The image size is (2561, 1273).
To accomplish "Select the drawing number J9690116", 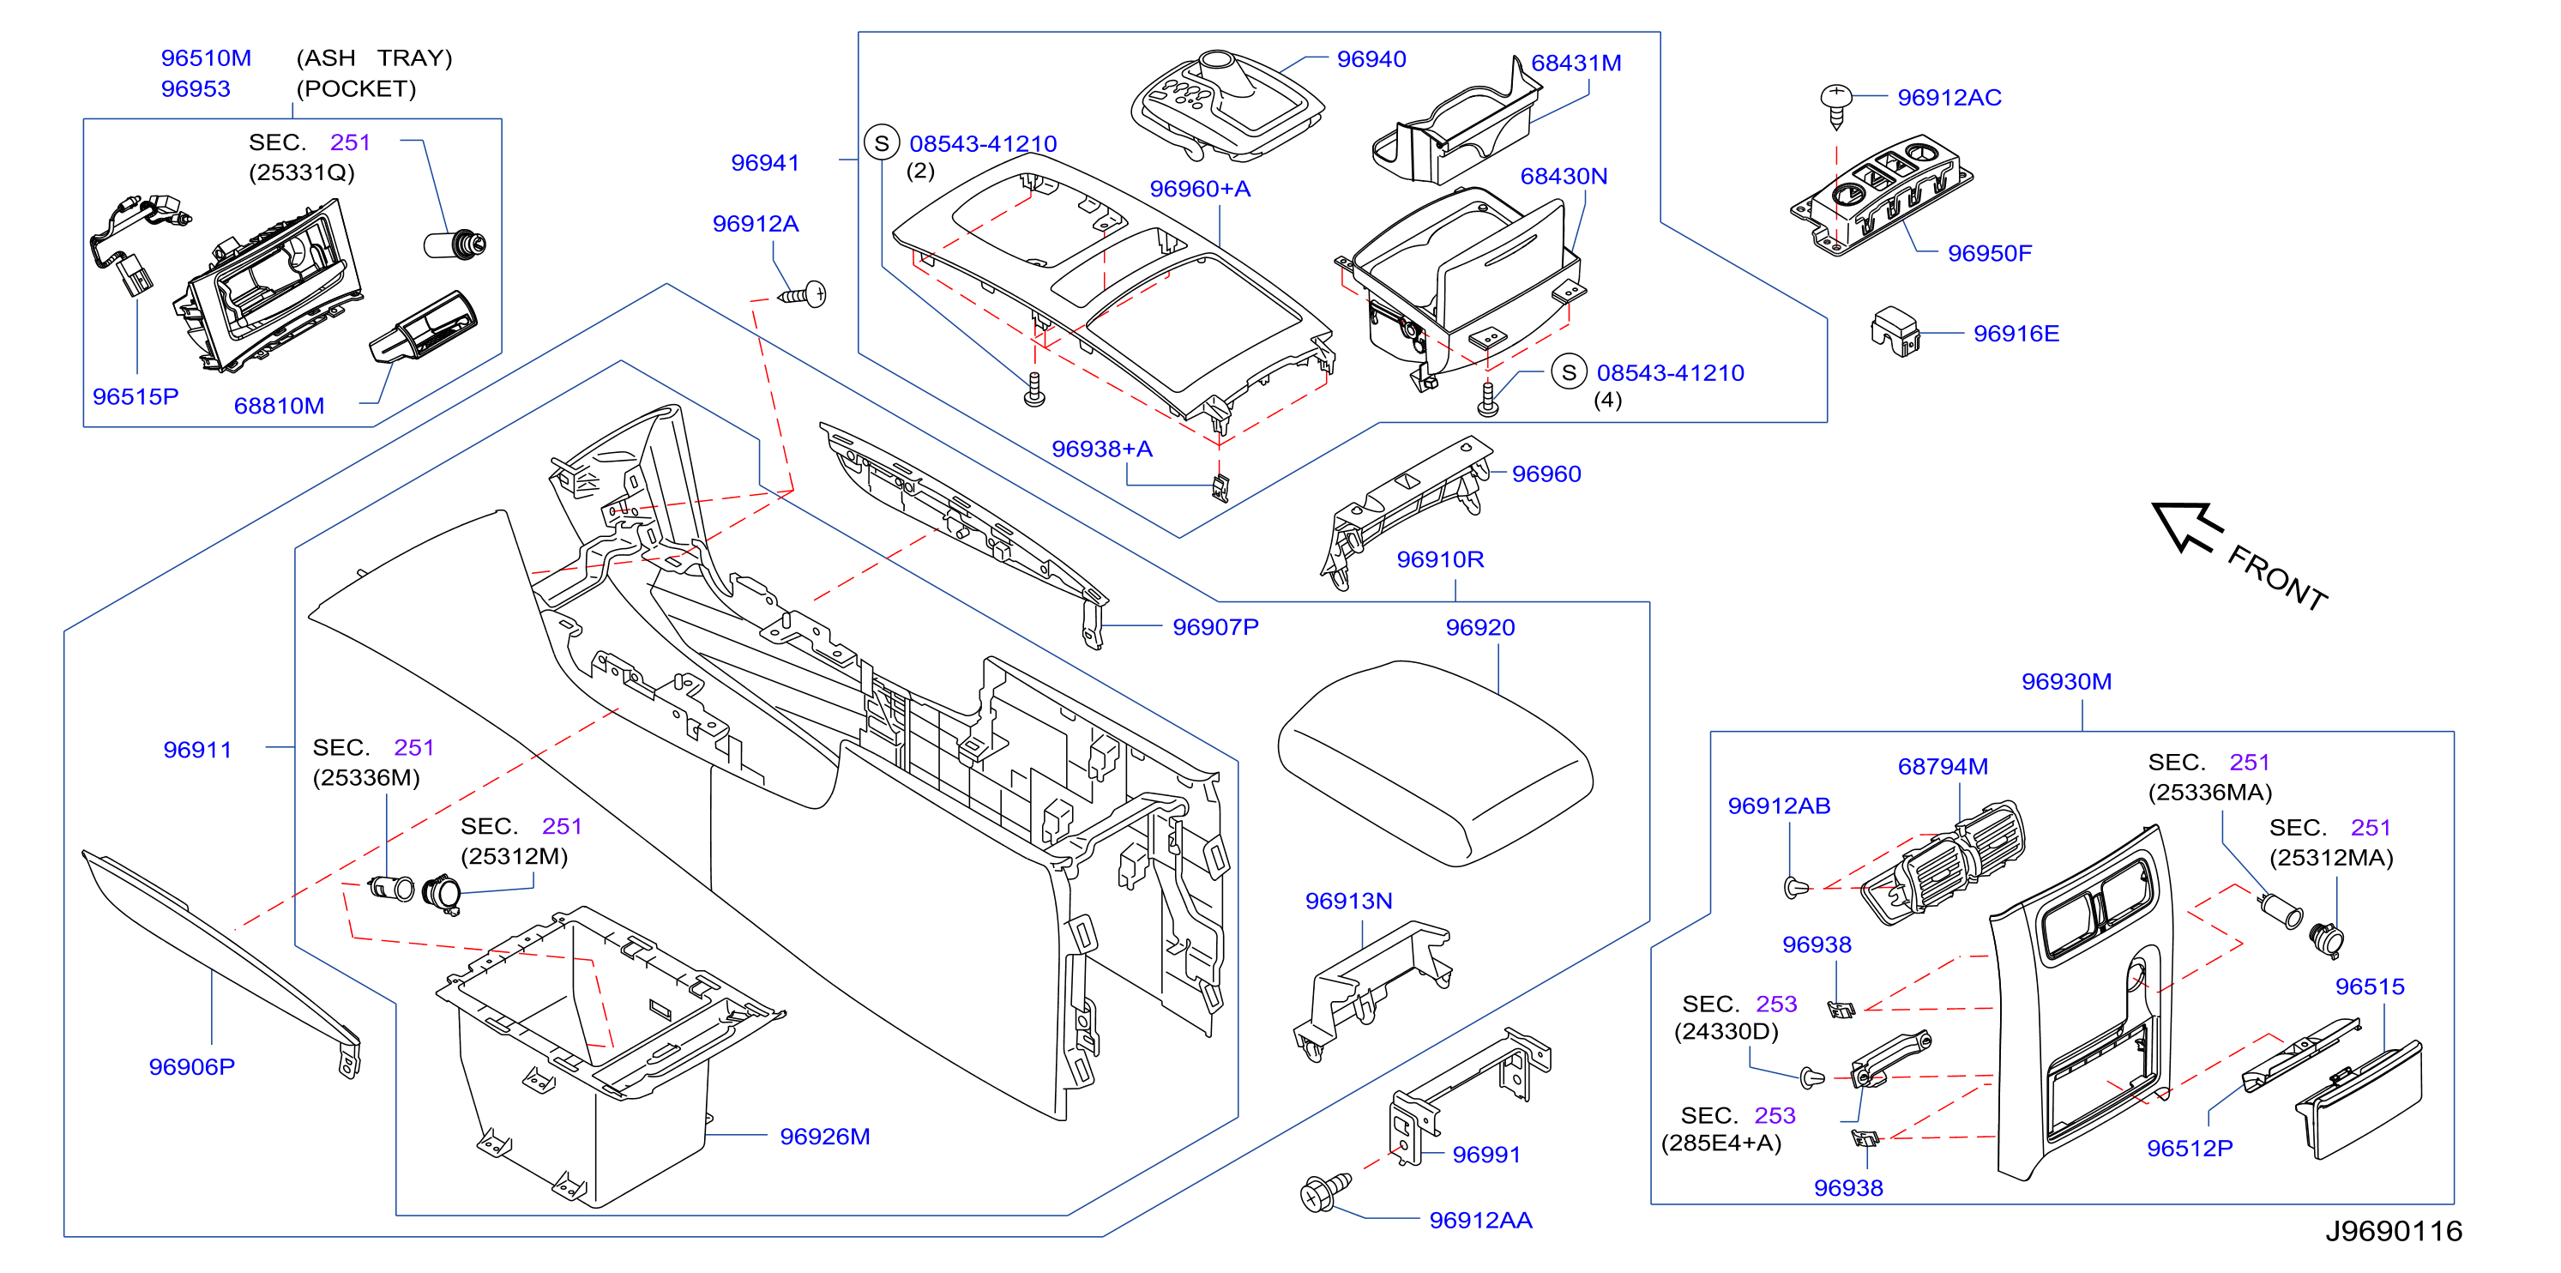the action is tap(2393, 1231).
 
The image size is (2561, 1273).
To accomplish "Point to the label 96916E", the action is tap(2016, 335).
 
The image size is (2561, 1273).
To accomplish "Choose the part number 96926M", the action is tap(824, 1137).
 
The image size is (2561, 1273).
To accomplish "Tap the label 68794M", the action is tap(1943, 767).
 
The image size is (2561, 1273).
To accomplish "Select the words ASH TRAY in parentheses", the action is tap(374, 58).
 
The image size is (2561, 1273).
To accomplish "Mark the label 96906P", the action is tap(192, 1067).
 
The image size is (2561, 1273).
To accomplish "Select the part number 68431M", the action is tap(1576, 63).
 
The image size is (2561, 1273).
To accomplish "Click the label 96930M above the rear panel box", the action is tap(2066, 682).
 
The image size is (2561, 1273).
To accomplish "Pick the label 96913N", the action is tap(1348, 901).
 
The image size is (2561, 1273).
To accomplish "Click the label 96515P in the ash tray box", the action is tap(136, 397).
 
